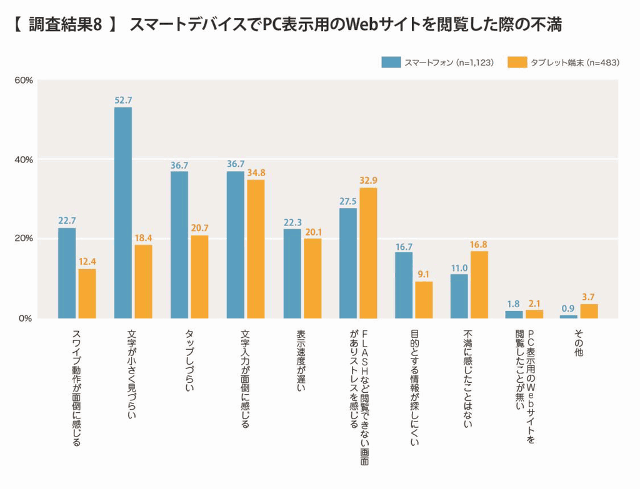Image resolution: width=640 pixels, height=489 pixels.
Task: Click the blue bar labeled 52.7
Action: click(123, 212)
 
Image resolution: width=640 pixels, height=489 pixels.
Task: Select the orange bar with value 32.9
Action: click(368, 253)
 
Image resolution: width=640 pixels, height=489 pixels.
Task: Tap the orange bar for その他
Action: click(589, 311)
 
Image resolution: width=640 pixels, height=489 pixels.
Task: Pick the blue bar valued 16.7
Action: click(404, 285)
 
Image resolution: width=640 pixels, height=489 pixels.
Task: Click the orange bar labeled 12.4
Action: click(87, 294)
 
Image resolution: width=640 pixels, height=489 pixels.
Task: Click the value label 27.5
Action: click(348, 201)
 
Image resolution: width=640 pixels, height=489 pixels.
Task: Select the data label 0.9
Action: click(568, 308)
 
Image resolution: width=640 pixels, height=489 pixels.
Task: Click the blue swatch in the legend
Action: click(391, 62)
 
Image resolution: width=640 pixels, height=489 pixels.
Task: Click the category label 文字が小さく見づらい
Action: click(131, 373)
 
